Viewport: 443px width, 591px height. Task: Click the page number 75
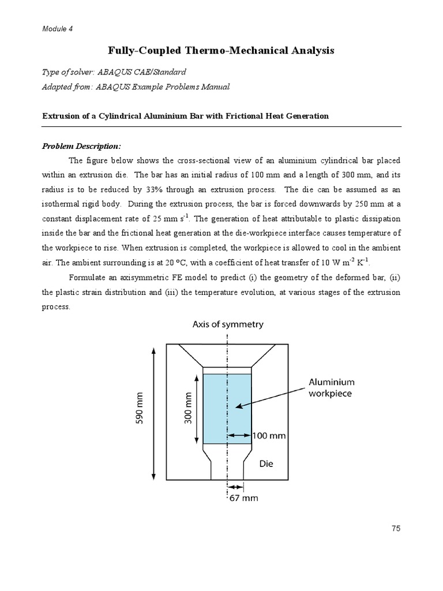coord(395,528)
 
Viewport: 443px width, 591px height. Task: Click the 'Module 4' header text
coord(57,28)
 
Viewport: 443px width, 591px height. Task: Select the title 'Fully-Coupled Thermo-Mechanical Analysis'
coord(221,51)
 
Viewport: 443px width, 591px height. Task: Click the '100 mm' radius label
coord(269,436)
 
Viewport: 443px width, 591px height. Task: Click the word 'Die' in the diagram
coord(267,463)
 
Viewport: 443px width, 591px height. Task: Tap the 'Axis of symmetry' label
coord(228,324)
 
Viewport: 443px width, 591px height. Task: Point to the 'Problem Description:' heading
coord(80,146)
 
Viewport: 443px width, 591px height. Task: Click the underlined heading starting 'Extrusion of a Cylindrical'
coord(185,116)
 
